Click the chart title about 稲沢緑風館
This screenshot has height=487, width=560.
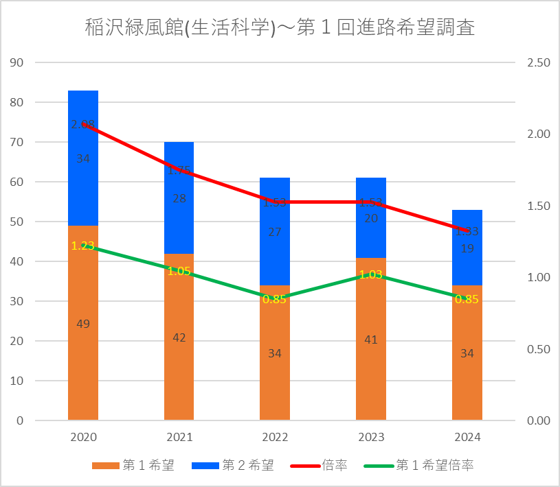point(280,28)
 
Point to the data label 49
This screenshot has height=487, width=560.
point(83,324)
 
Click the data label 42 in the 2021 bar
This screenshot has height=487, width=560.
point(179,337)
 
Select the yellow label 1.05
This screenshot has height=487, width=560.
point(179,271)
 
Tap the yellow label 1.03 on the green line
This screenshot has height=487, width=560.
point(371,274)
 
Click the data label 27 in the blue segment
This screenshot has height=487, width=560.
point(275,232)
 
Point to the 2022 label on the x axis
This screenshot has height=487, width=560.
point(275,437)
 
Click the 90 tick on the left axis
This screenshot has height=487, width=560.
point(17,63)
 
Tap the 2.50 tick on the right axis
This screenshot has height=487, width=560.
point(538,63)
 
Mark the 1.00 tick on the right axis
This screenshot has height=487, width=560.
point(538,278)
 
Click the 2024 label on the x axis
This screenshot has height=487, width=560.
point(467,437)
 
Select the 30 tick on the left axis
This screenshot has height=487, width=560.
point(17,301)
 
